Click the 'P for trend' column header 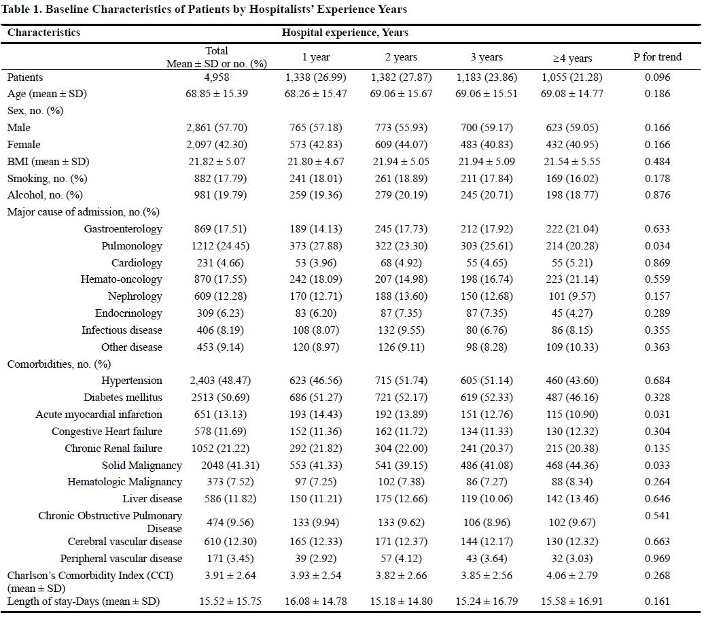click(x=656, y=58)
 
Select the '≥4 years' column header click(x=573, y=58)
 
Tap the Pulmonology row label click(x=132, y=246)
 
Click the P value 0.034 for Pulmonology click(x=656, y=246)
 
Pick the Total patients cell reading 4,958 click(x=217, y=77)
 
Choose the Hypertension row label click(x=132, y=381)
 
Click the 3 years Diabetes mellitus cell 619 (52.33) click(x=485, y=398)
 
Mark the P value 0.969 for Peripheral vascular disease click(x=656, y=559)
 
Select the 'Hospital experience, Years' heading click(x=345, y=33)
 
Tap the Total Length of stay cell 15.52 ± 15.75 click(x=217, y=602)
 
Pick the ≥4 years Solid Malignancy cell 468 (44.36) click(x=573, y=466)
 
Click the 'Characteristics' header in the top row click(x=43, y=33)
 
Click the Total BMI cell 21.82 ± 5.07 click(x=217, y=162)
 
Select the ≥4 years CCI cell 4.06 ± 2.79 click(x=573, y=576)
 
